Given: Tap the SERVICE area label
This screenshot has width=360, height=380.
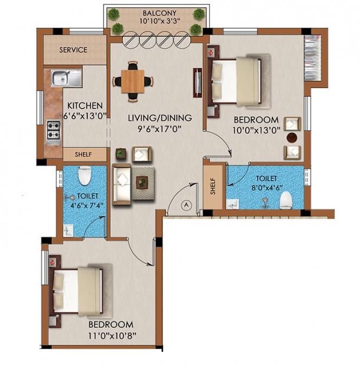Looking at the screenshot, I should tap(73, 50).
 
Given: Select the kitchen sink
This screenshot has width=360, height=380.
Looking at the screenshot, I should tap(66, 78).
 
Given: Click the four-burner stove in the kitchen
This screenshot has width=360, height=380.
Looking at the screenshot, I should tap(54, 130).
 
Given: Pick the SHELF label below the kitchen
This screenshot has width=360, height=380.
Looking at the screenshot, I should tap(83, 155).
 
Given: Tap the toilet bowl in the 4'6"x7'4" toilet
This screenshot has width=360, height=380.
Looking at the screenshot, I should tap(84, 175).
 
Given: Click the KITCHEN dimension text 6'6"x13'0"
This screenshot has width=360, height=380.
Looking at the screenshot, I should tap(84, 116).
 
